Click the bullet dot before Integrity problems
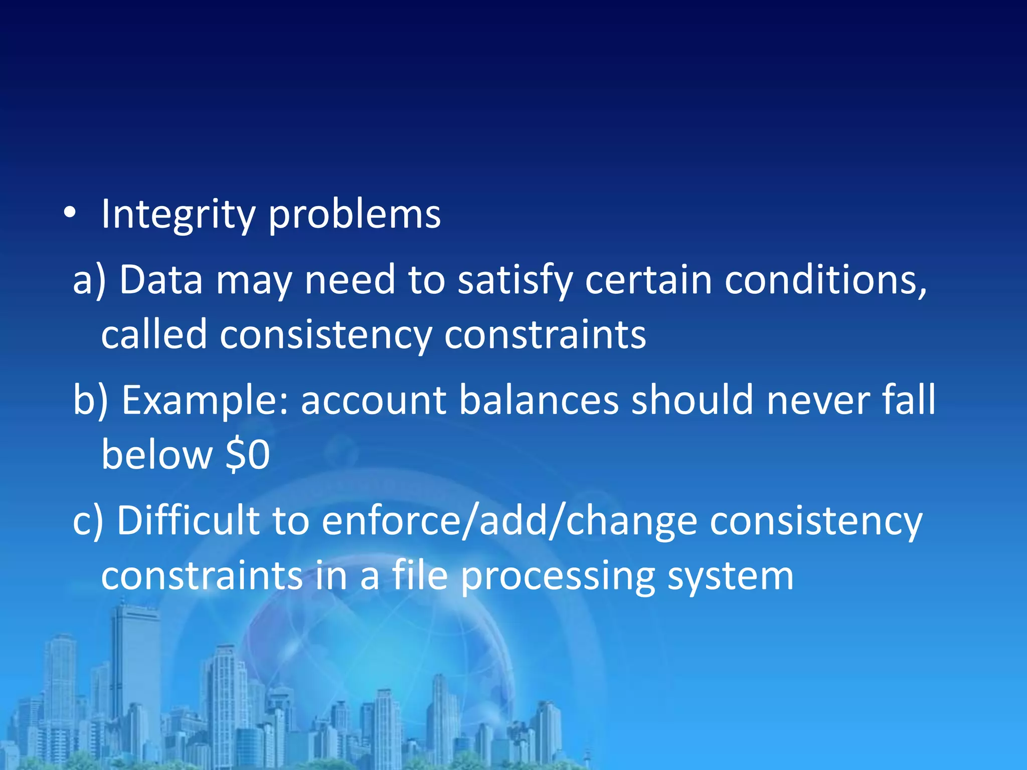point(70,214)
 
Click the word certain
point(648,279)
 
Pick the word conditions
point(825,280)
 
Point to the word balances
point(539,401)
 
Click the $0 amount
point(248,455)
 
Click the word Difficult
point(188,521)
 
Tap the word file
point(419,575)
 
